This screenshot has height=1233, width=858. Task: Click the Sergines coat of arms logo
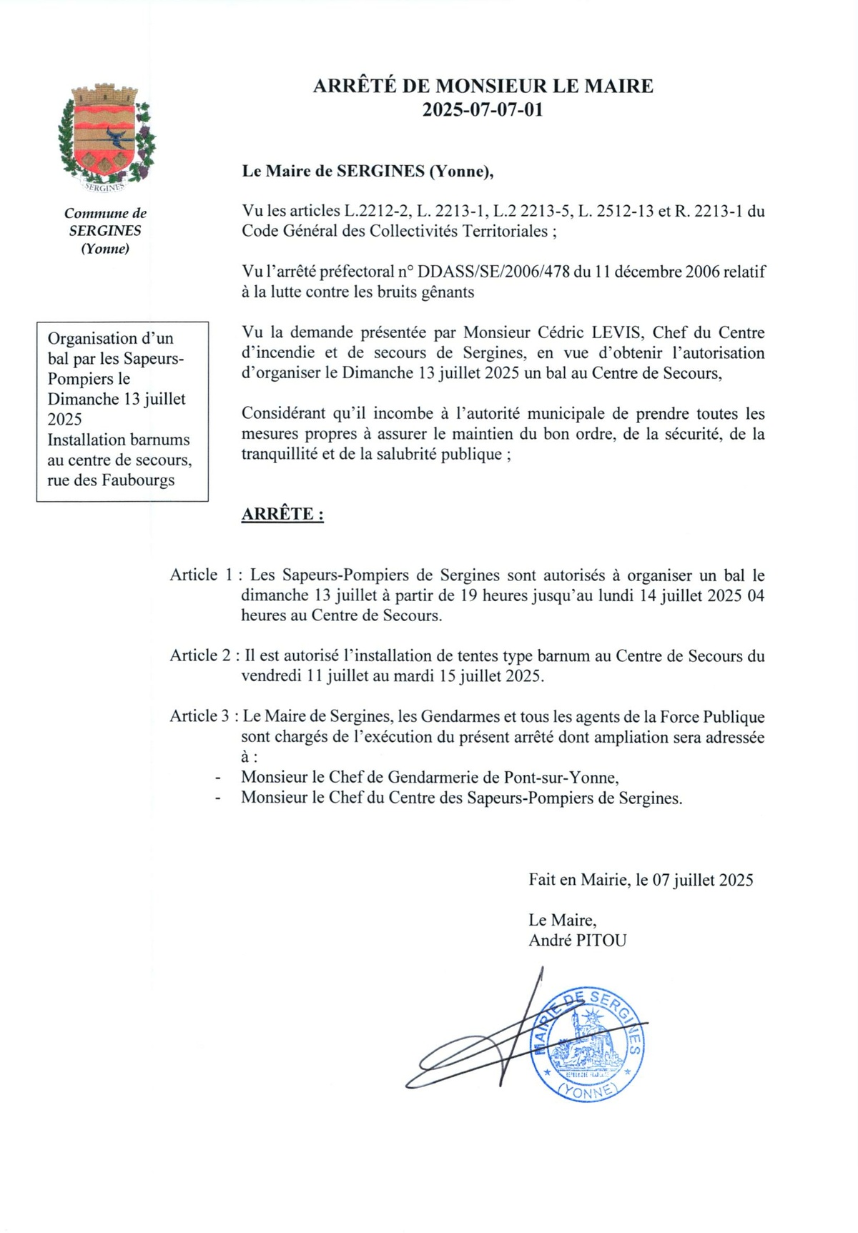pos(106,136)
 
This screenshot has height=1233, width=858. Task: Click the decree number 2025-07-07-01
pos(483,111)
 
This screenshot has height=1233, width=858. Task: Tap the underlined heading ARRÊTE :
pos(282,514)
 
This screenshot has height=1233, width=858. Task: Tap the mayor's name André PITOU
pos(577,941)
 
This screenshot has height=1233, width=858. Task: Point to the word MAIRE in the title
pos(618,86)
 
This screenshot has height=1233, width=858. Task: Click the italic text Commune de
pos(105,213)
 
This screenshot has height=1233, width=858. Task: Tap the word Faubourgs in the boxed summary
pos(138,480)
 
